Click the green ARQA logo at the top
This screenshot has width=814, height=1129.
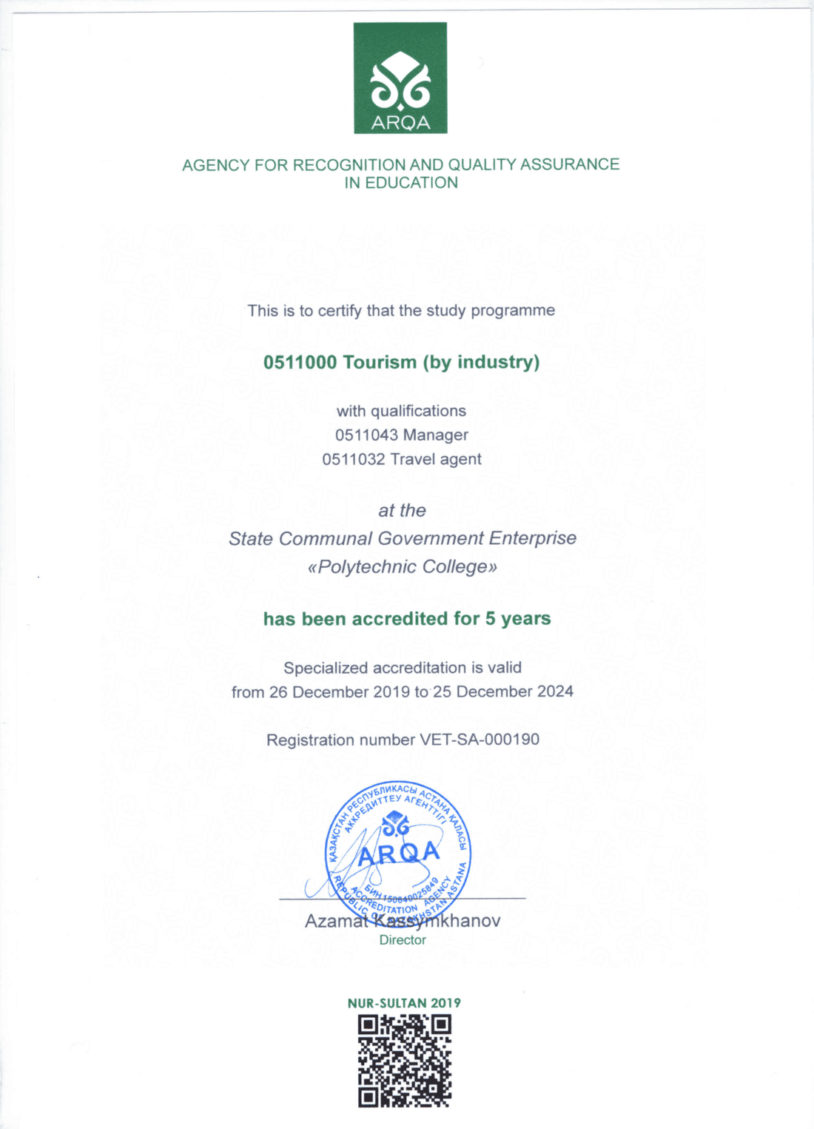point(400,78)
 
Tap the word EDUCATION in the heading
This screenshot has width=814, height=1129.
point(411,183)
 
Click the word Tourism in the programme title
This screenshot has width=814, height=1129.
point(380,362)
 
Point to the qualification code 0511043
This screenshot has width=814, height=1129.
point(366,435)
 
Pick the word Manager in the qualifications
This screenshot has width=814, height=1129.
point(436,435)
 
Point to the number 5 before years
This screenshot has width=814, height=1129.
point(490,618)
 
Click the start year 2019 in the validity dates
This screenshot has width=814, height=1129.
point(391,691)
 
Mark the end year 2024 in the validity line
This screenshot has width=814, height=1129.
point(555,691)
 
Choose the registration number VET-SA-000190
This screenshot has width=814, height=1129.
point(480,740)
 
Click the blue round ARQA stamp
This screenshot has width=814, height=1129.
point(398,851)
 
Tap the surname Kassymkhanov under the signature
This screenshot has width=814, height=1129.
point(437,921)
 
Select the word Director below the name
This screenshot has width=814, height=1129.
point(403,940)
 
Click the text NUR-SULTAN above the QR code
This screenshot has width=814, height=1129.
point(387,1003)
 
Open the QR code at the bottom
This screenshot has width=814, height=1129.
point(404,1061)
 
